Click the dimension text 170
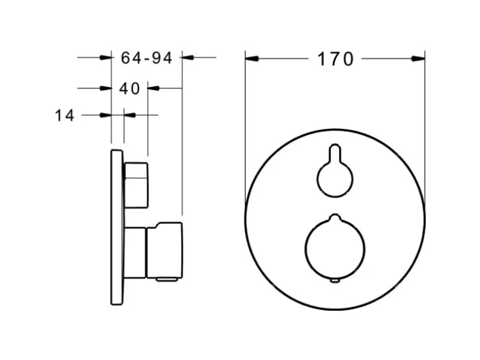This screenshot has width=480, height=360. coord(335,59)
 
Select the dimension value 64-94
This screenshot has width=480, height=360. coord(146,58)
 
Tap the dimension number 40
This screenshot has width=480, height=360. coord(129,88)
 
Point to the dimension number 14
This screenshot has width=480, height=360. coord(64,115)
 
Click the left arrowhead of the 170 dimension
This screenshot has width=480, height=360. coord(251,59)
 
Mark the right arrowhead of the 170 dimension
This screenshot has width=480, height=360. coord(418,59)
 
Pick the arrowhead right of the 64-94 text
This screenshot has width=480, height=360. coord(188,58)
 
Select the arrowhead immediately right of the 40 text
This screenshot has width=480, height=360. coord(153,88)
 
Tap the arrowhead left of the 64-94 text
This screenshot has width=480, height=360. coord(105,58)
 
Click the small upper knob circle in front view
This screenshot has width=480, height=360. coord(335,179)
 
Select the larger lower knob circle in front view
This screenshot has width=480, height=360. coord(335,247)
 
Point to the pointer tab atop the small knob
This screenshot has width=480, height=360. coord(335,153)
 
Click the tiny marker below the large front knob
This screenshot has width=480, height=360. coord(335,282)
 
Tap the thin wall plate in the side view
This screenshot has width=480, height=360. coord(117,227)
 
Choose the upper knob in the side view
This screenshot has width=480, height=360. coord(137,185)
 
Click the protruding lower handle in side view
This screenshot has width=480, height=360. coord(164,249)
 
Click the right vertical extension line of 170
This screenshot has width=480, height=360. coord(425,125)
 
